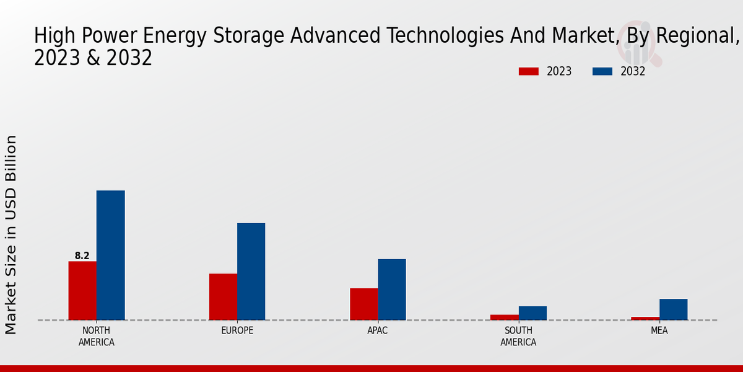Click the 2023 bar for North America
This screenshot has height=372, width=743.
(82, 291)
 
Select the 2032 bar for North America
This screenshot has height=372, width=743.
(110, 255)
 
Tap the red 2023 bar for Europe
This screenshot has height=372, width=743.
(223, 297)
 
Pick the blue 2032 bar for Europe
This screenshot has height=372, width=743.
(251, 272)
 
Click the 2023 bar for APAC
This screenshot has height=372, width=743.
(363, 304)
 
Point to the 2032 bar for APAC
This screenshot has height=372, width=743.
(392, 290)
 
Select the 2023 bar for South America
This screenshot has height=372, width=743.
(504, 317)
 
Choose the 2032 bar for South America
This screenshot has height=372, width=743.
(532, 313)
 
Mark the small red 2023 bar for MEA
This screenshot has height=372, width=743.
(645, 319)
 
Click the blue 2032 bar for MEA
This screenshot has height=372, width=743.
(673, 309)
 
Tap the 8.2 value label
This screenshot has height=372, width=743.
(82, 255)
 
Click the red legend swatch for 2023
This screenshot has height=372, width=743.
(528, 71)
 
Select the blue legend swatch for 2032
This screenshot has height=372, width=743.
(602, 71)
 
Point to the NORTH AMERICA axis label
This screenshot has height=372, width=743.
(96, 336)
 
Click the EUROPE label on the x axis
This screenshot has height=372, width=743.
(237, 330)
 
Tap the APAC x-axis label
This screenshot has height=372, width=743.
(378, 330)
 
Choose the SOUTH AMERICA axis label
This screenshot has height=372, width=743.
(518, 336)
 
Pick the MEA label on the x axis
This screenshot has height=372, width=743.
(659, 330)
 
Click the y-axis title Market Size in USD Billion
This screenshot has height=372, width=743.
(11, 234)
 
